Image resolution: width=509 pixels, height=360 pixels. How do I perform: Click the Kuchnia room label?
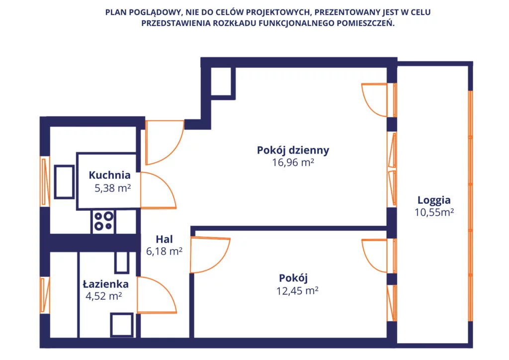point(109,175)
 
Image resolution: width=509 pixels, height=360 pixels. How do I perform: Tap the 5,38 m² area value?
point(112,188)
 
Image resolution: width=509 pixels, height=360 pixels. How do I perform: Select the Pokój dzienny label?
point(293,150)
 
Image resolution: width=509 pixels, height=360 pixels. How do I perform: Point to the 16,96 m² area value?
point(293,162)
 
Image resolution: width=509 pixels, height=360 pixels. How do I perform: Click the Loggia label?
point(434,200)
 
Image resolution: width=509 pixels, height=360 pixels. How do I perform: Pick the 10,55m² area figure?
point(434,213)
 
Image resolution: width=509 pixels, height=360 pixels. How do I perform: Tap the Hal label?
point(164,239)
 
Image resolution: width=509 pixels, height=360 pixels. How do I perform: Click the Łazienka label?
point(105,284)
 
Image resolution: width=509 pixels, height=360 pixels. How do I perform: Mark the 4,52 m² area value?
point(104,297)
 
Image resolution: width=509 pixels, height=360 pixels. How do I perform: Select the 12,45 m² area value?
point(297,290)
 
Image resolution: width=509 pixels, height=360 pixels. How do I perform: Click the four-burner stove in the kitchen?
point(103,221)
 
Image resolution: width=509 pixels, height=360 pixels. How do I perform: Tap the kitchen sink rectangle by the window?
point(64,182)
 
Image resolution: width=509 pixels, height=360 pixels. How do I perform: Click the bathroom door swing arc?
point(157,295)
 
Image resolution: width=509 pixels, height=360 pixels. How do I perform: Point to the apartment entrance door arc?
point(164,143)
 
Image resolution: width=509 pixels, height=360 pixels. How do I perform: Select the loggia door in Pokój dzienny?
point(374,99)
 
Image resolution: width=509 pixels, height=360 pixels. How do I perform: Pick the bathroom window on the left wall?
point(45,295)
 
